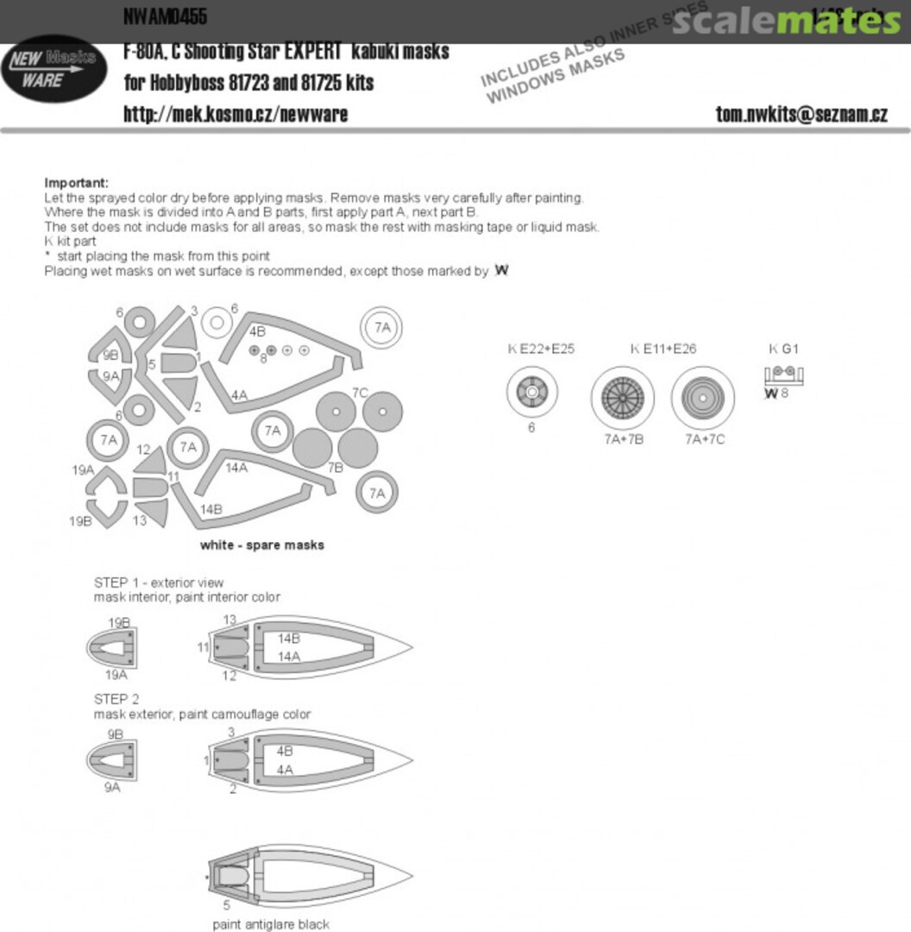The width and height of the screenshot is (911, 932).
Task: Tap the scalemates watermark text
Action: pyautogui.click(x=786, y=22)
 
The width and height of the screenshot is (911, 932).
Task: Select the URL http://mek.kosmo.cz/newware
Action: pyautogui.click(x=236, y=115)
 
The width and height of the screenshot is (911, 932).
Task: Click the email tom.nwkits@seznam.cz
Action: pyautogui.click(x=801, y=115)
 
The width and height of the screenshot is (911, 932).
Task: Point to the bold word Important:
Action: pyautogui.click(x=77, y=183)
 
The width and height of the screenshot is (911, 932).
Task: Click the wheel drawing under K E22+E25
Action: pyautogui.click(x=532, y=393)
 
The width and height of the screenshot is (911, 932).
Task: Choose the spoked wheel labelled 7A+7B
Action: pyautogui.click(x=623, y=398)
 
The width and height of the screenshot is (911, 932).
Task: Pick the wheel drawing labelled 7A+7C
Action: pyautogui.click(x=702, y=398)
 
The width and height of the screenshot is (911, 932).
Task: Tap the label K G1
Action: pyautogui.click(x=784, y=349)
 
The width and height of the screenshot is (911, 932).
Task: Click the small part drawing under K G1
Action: pyautogui.click(x=785, y=375)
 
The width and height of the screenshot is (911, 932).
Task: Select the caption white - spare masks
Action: pyautogui.click(x=262, y=545)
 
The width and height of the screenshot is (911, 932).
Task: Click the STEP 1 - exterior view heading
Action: pyautogui.click(x=159, y=583)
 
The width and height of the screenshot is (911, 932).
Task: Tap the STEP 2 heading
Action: pyautogui.click(x=116, y=700)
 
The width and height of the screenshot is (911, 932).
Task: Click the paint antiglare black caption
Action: pyautogui.click(x=271, y=924)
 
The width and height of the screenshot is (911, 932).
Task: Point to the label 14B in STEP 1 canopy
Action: pyautogui.click(x=288, y=639)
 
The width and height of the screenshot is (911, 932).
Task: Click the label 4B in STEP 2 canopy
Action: pyautogui.click(x=286, y=753)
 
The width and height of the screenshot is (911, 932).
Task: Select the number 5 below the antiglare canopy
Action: pyautogui.click(x=227, y=905)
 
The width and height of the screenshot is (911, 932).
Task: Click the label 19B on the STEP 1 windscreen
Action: pyautogui.click(x=119, y=622)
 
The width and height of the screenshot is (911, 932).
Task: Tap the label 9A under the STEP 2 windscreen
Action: pyautogui.click(x=112, y=787)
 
